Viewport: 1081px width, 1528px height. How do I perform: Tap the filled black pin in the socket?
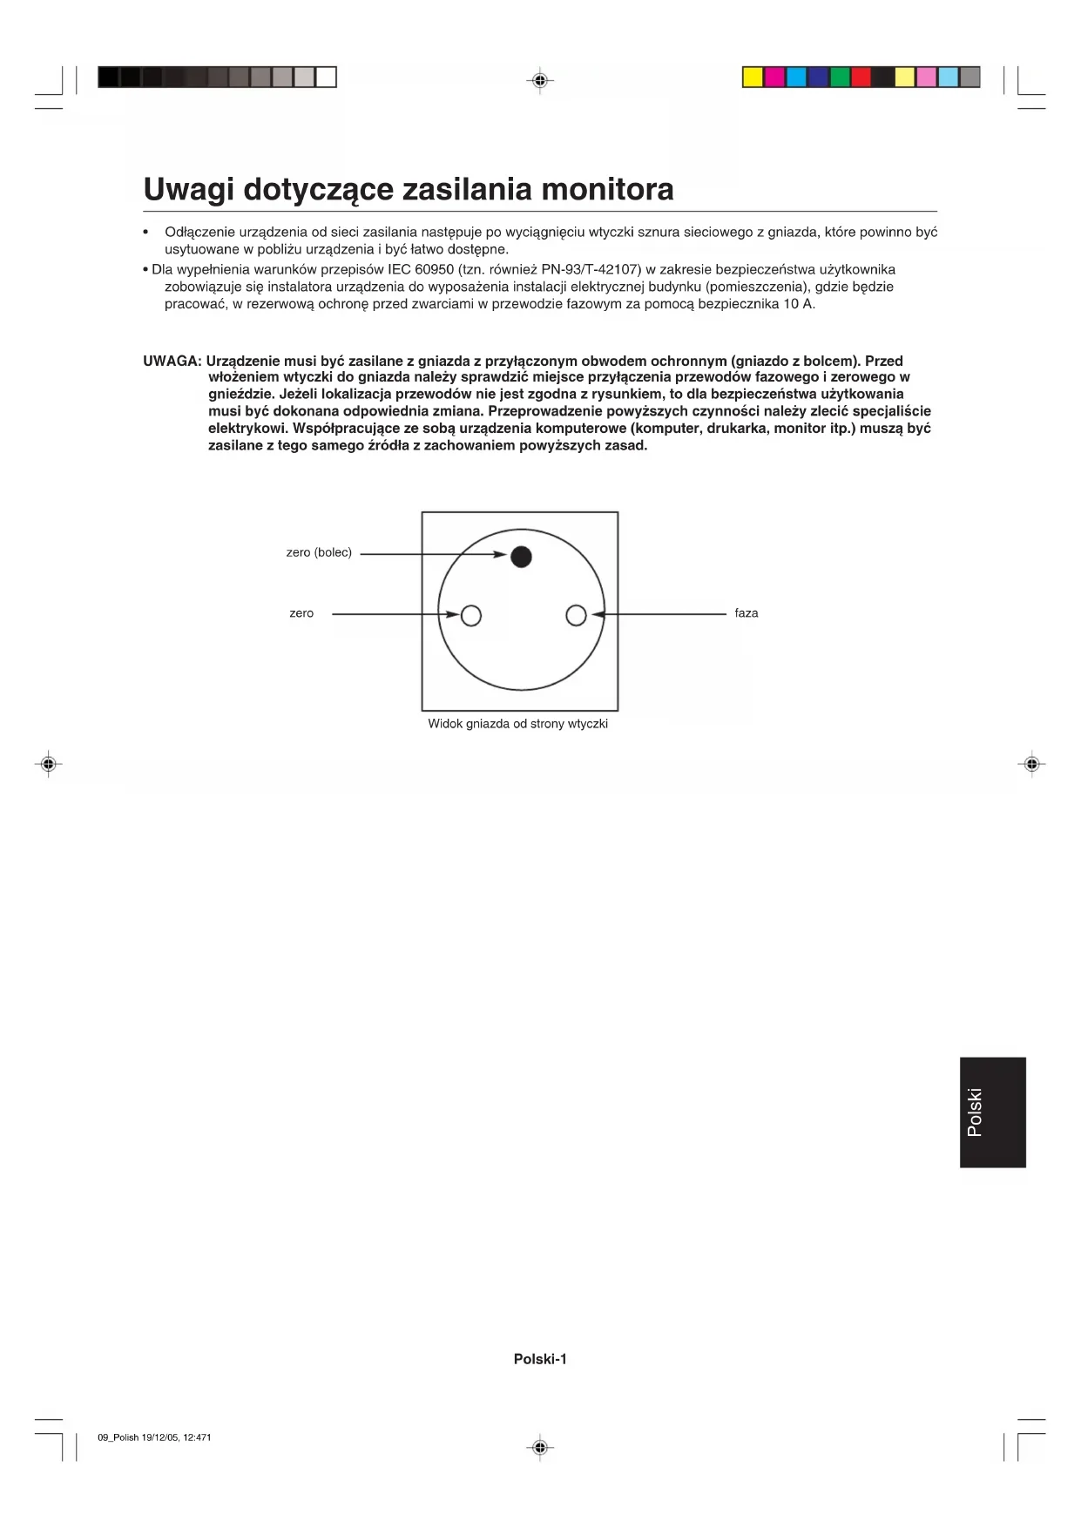pyautogui.click(x=521, y=557)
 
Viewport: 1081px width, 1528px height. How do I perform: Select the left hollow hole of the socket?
pyautogui.click(x=470, y=616)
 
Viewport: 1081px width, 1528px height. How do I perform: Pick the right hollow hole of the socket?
pyautogui.click(x=576, y=616)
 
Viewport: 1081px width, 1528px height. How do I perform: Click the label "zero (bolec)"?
pyautogui.click(x=319, y=552)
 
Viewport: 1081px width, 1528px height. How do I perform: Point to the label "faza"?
pyautogui.click(x=746, y=613)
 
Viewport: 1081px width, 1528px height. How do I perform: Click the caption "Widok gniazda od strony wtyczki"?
pyautogui.click(x=517, y=724)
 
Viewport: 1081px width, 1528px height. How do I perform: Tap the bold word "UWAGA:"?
pyautogui.click(x=172, y=361)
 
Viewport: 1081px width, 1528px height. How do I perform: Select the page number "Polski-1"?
pyautogui.click(x=540, y=1359)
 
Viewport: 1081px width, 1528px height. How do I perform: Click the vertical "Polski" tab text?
pyautogui.click(x=975, y=1112)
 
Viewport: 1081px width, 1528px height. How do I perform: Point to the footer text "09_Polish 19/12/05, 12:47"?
pyautogui.click(x=153, y=1437)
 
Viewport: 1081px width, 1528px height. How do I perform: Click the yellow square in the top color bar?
pyautogui.click(x=753, y=78)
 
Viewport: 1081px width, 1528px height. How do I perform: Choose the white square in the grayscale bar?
pyautogui.click(x=326, y=78)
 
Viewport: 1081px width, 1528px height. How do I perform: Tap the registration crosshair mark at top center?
pyautogui.click(x=540, y=81)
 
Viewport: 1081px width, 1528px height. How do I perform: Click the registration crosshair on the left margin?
pyautogui.click(x=49, y=764)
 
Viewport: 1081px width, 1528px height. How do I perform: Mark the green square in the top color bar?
pyautogui.click(x=840, y=78)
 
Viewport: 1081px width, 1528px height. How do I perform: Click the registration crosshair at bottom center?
pyautogui.click(x=540, y=1448)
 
